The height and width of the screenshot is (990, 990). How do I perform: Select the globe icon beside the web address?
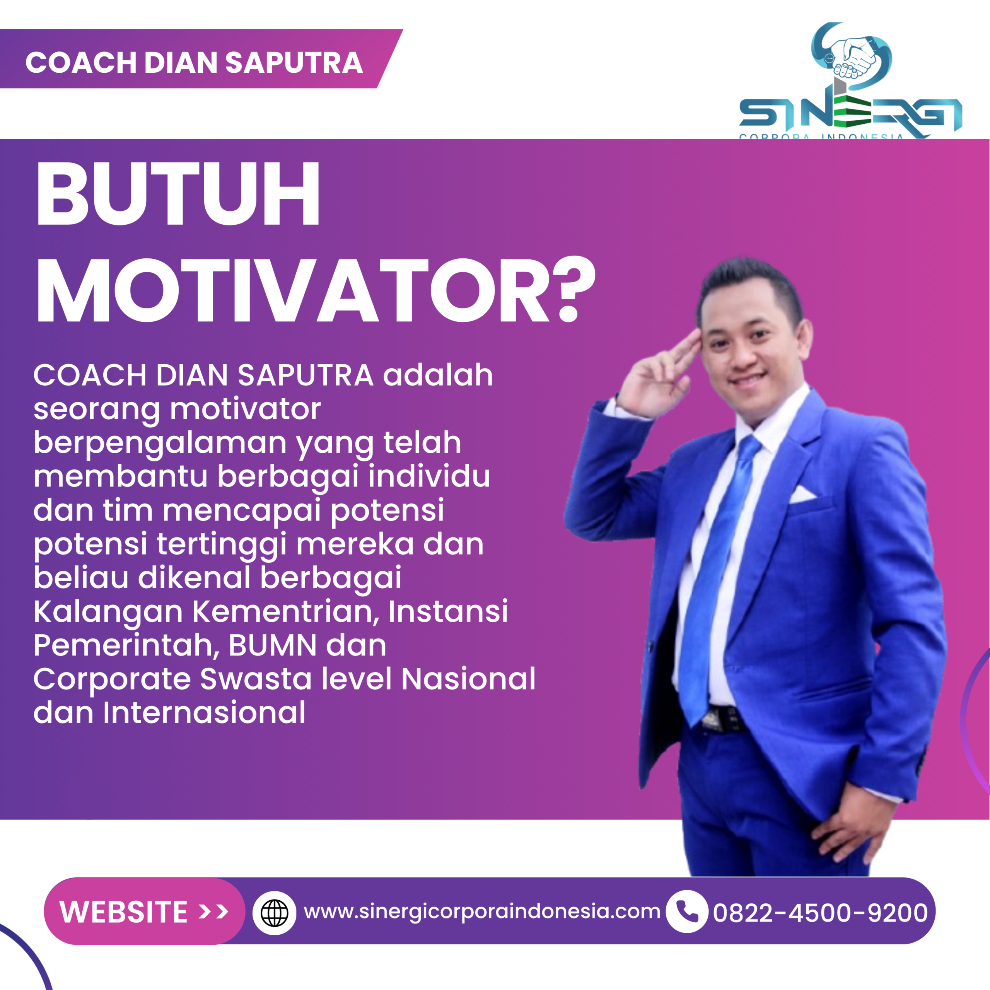tap(275, 913)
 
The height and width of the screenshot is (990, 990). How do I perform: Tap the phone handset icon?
tap(687, 911)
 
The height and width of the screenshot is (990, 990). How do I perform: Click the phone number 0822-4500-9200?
tap(820, 913)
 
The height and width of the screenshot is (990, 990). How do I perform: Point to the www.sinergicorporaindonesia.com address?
tap(482, 911)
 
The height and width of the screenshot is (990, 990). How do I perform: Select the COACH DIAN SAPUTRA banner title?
tap(194, 63)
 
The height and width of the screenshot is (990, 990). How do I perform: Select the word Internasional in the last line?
tap(204, 712)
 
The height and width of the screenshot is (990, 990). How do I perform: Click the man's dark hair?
tap(748, 279)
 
